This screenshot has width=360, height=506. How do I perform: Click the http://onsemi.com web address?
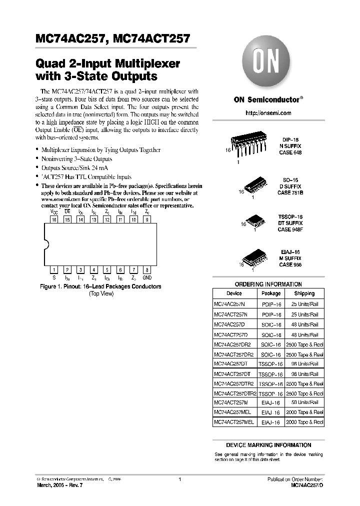268,113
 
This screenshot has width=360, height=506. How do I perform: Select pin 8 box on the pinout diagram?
146,270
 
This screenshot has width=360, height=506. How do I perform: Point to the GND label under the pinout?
146,277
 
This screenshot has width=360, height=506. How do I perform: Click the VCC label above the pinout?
54,212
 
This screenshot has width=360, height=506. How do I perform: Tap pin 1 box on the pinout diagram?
54,270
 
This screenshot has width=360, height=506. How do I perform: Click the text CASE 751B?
290,192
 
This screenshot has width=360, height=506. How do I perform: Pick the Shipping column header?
304,293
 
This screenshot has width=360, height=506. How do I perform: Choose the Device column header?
234,293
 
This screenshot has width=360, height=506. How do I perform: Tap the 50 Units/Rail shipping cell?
304,402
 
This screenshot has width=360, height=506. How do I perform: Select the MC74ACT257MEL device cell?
234,422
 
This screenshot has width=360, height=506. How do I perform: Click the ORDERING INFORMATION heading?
268,284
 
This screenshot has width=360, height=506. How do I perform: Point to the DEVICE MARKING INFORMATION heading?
268,445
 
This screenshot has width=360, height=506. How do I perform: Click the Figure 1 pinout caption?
100,286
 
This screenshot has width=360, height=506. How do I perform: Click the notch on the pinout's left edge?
46,244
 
